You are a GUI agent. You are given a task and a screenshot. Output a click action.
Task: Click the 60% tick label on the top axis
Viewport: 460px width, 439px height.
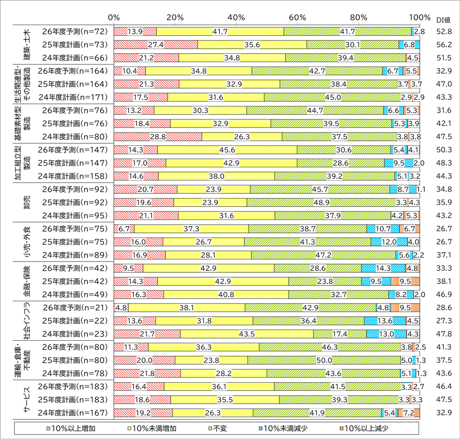pyautogui.click(x=297, y=17)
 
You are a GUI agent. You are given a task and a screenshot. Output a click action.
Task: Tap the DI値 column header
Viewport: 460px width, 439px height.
pyautogui.click(x=443, y=20)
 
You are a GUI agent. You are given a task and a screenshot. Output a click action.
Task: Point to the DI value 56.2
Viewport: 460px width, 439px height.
pyautogui.click(x=443, y=45)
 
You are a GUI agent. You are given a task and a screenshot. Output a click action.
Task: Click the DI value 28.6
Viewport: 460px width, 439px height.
pyautogui.click(x=443, y=308)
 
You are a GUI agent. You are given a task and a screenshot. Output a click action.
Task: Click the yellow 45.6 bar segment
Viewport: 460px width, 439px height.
pyautogui.click(x=227, y=149)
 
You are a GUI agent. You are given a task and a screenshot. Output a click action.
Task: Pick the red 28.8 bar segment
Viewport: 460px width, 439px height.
pyautogui.click(x=158, y=136)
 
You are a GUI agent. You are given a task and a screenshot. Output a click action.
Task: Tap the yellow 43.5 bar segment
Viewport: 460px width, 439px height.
pyautogui.click(x=247, y=334)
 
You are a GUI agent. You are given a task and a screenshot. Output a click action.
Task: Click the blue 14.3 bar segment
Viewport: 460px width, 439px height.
pyautogui.click(x=383, y=268)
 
